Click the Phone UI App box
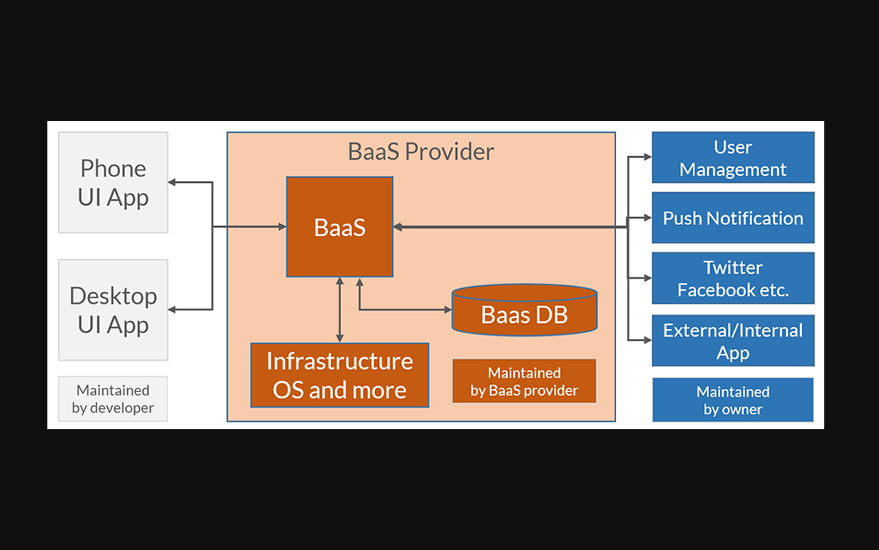tap(113, 182)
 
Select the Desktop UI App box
tap(113, 310)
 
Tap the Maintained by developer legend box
tap(113, 399)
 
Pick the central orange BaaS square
tap(340, 227)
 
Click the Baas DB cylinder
tap(524, 310)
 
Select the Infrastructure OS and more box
tap(340, 375)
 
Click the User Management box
tap(733, 158)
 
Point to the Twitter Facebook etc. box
tap(733, 278)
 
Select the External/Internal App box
tap(733, 340)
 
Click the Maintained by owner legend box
tap(733, 400)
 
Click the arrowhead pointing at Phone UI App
tap(172, 182)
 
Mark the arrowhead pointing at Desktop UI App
tap(172, 310)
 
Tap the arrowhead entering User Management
tap(648, 157)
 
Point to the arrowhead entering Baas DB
tap(448, 310)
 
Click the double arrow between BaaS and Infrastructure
tap(340, 310)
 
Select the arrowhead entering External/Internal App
tap(648, 340)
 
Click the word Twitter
tap(733, 268)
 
